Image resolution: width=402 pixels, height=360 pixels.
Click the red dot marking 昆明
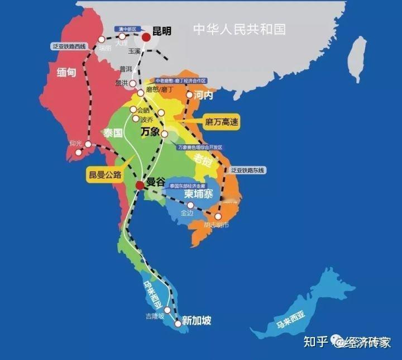click(146, 37)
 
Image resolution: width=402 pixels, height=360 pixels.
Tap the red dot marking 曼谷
click(139, 185)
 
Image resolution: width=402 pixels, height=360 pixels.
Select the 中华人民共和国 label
click(238, 28)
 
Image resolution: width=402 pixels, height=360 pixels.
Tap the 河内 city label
click(204, 96)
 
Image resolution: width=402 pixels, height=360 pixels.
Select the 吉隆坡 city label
click(155, 316)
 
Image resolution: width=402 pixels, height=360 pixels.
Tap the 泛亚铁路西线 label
click(68, 45)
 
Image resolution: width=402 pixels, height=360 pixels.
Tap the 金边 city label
click(186, 214)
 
